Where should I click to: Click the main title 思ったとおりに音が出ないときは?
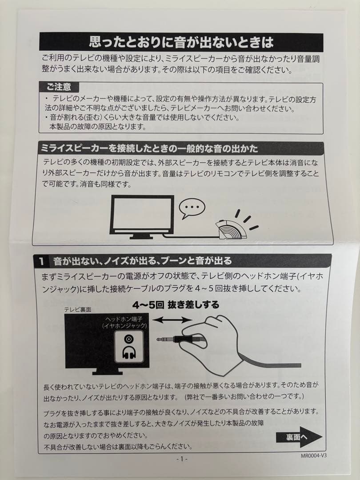(181, 42)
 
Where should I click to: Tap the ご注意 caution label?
(59, 87)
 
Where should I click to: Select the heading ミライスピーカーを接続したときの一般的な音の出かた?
(149, 149)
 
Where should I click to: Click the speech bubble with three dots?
(192, 208)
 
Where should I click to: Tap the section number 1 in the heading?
(42, 261)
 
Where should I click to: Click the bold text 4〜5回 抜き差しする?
(176, 305)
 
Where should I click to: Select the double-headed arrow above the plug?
(172, 320)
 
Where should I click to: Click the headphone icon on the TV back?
(129, 352)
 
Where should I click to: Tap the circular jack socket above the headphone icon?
(129, 339)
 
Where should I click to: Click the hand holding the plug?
(211, 343)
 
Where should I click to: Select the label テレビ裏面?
(77, 309)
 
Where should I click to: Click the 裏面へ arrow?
(299, 437)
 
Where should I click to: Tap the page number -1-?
(182, 459)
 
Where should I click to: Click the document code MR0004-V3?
(313, 456)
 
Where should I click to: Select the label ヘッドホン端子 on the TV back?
(124, 319)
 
